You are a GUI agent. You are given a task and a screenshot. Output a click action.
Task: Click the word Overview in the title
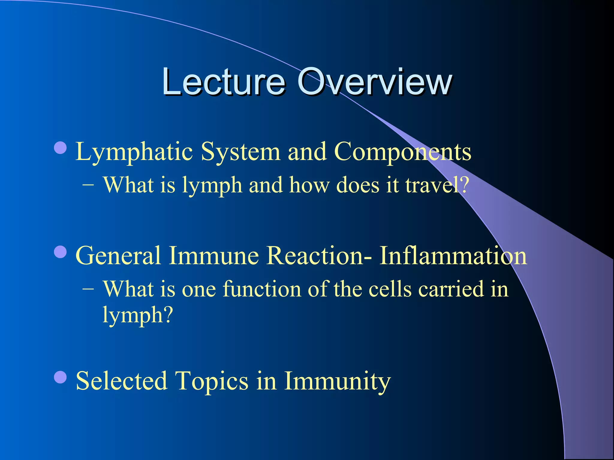click(x=374, y=81)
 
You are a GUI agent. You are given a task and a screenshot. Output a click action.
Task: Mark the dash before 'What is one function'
click(x=88, y=290)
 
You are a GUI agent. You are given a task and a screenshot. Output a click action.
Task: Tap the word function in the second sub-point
click(x=262, y=289)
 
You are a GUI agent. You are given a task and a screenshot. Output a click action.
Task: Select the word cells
click(x=390, y=289)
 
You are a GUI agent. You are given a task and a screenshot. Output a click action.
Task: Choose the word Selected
click(x=121, y=381)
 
